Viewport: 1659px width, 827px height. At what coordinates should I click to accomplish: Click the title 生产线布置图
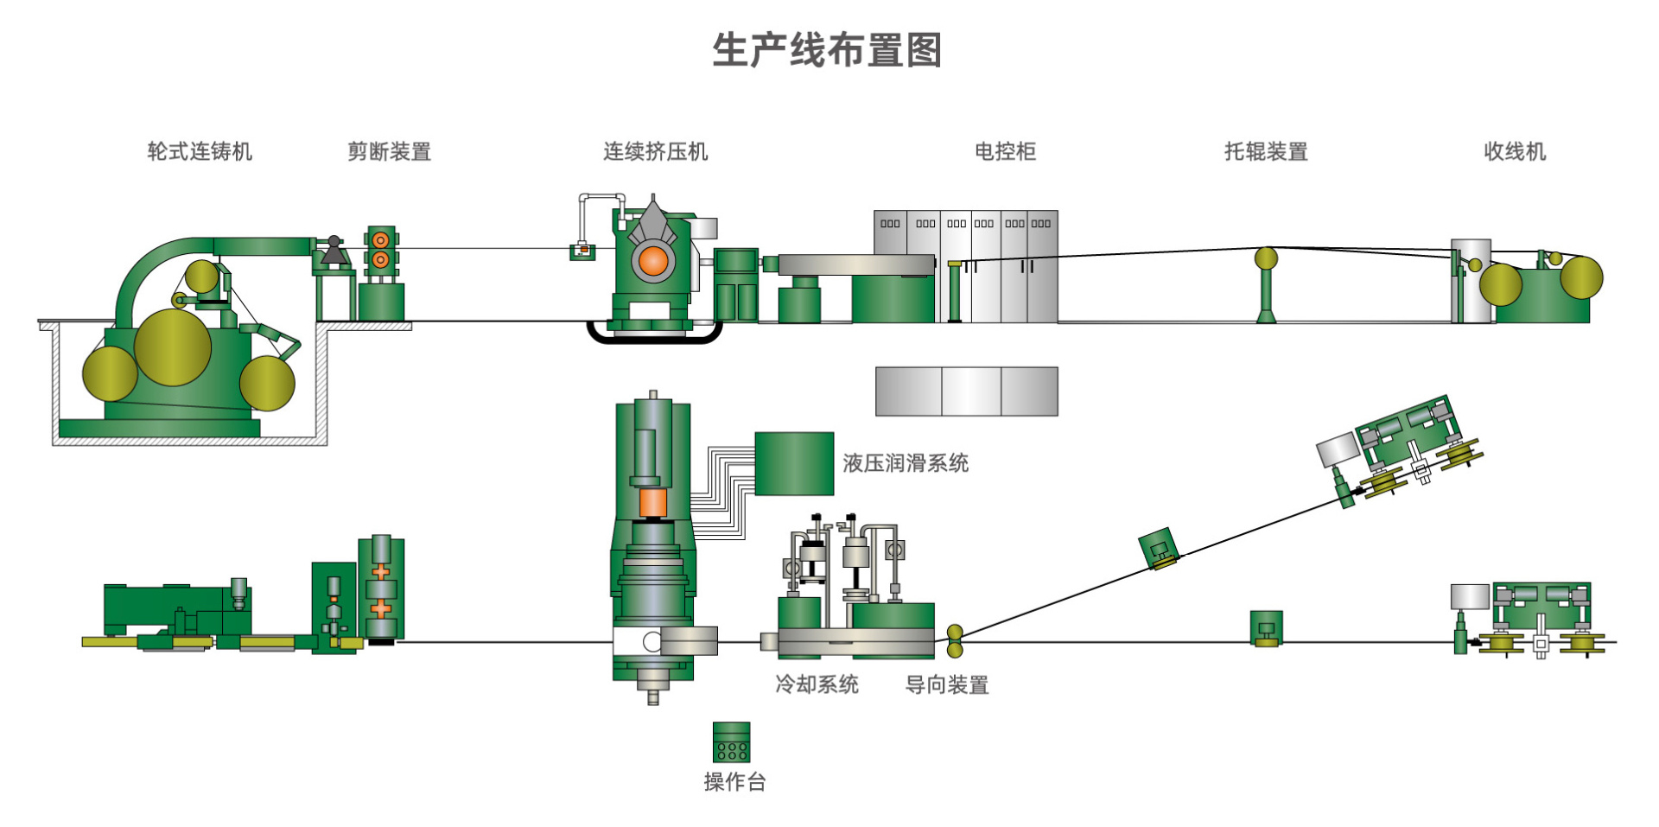[827, 50]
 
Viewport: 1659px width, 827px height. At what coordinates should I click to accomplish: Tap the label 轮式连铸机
[200, 152]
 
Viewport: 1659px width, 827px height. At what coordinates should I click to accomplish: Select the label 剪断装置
[389, 152]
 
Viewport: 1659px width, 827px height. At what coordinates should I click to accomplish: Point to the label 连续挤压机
[655, 152]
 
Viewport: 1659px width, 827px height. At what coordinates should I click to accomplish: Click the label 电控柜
[1005, 152]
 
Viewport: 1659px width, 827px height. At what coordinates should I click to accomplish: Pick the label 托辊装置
[1266, 152]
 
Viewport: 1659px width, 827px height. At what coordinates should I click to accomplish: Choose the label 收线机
[1515, 152]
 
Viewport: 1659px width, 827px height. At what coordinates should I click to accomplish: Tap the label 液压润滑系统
[906, 463]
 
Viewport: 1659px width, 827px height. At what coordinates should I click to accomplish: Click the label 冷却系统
[817, 684]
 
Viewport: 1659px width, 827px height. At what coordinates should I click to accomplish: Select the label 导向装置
[946, 685]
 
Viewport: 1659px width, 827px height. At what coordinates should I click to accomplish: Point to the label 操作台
[734, 782]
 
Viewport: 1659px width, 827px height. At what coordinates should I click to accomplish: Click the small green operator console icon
[731, 741]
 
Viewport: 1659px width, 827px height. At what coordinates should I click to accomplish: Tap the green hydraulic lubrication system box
[794, 463]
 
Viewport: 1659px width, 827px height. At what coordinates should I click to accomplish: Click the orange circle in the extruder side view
[653, 261]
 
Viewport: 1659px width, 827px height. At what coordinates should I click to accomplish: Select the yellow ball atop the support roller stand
[1266, 258]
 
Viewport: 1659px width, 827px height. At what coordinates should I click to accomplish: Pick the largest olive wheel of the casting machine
[173, 347]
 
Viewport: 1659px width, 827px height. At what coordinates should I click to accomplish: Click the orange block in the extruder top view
[652, 502]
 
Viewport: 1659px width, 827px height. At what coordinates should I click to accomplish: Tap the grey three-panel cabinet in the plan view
[966, 391]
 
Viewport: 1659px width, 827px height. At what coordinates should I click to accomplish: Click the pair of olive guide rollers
[955, 642]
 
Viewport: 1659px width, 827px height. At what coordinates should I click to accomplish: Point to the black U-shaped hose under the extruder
[654, 337]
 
